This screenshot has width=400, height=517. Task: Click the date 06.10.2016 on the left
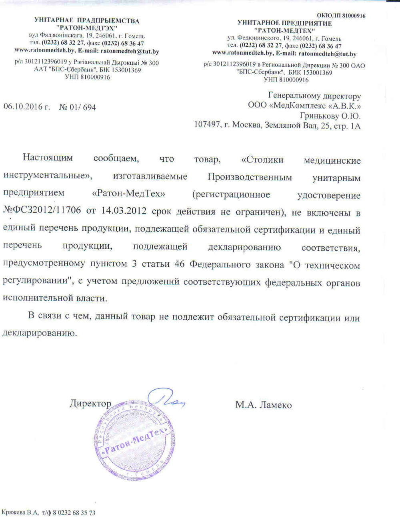pos(27,107)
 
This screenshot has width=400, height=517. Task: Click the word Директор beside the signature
pos(90,403)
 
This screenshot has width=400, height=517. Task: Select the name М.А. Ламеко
pos(264,405)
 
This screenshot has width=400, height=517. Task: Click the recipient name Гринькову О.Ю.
pos(330,116)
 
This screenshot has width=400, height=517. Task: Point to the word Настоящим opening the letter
pos(48,157)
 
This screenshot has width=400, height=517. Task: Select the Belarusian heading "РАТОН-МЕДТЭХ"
pos(87,28)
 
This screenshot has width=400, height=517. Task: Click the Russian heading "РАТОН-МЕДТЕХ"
pos(285,30)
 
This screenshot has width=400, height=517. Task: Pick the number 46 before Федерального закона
pos(180,265)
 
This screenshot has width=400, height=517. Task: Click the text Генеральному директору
pos(314,96)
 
